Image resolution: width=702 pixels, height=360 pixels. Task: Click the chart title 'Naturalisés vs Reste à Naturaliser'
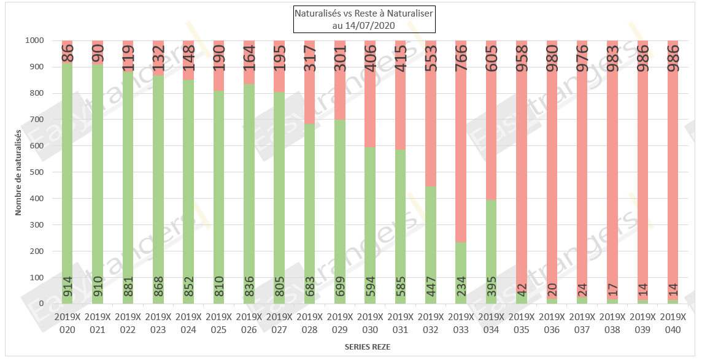(364, 13)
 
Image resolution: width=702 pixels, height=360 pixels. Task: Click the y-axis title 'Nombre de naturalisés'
(18, 172)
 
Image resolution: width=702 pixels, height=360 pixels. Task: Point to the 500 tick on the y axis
(36, 172)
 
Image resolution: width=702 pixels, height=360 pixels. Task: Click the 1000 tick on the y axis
(34, 40)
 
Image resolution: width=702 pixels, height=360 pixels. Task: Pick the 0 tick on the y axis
(41, 304)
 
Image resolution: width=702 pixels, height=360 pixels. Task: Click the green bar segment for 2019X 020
(67, 184)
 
